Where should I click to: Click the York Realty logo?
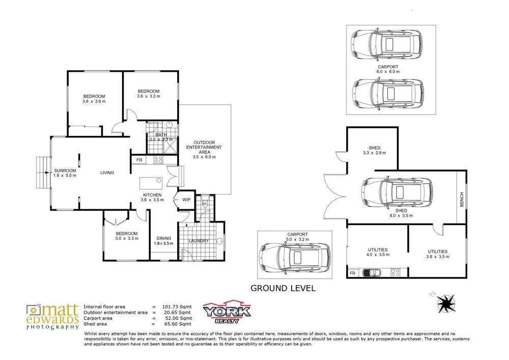(227, 311)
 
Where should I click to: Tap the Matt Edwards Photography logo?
(52, 316)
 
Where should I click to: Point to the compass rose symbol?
(446, 303)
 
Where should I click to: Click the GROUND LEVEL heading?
(283, 288)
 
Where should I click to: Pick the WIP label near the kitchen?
(186, 200)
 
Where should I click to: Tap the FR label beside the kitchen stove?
(139, 160)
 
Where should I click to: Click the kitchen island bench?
(152, 181)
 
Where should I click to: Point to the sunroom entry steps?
(43, 173)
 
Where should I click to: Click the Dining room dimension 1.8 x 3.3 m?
(163, 243)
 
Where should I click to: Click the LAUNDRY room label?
(199, 241)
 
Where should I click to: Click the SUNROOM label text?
(65, 171)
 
